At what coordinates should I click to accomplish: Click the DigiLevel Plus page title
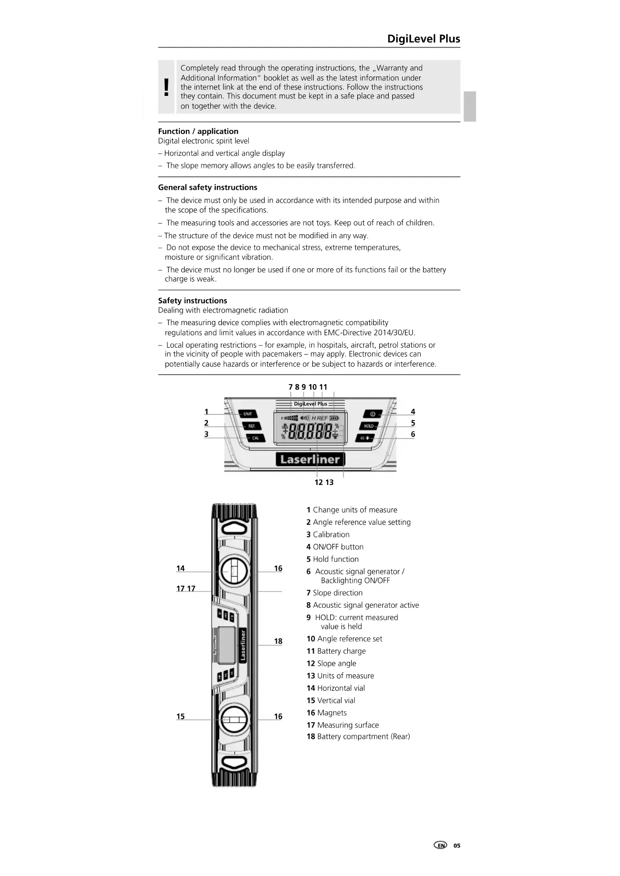pos(423,39)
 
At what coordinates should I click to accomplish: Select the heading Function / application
pos(198,131)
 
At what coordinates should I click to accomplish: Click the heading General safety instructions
pos(207,187)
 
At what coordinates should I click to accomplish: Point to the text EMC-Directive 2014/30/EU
pos(369,333)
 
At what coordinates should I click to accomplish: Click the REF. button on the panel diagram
pos(251,426)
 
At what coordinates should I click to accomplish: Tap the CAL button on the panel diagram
pos(255,438)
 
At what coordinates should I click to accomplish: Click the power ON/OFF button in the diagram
pos(372,414)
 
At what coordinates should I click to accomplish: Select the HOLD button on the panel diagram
pos(369,426)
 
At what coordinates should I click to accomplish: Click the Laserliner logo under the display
pos(310,459)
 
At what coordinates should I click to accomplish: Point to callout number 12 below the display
pos(318,482)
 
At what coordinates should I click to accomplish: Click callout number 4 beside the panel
pos(413,412)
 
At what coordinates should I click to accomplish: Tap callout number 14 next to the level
pos(180,568)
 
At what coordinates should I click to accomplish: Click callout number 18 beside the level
pos(278,641)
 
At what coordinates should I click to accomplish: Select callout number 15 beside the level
pos(180,717)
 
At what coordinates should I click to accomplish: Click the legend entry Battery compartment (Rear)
pos(358,737)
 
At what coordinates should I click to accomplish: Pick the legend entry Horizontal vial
pos(335,688)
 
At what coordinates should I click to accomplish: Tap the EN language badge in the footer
pos(440,846)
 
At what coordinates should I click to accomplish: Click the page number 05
pos(457,846)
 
